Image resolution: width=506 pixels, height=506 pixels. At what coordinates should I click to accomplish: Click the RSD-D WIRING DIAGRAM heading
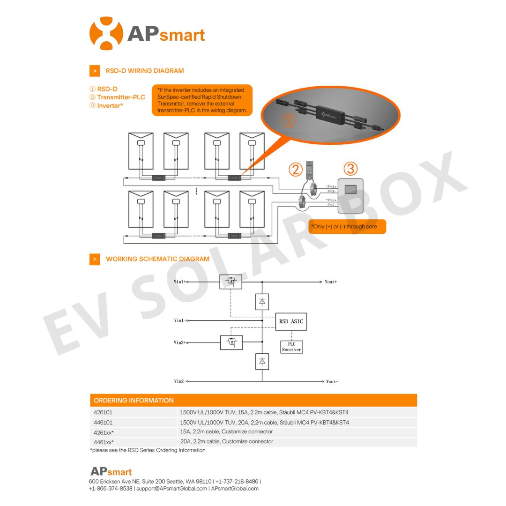pos(144,71)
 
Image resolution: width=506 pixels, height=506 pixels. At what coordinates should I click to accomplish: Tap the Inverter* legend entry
pos(110,106)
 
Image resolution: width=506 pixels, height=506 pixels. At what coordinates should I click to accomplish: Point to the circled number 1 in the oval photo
pos(289,120)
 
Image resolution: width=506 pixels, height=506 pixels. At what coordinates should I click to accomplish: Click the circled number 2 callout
pos(295,169)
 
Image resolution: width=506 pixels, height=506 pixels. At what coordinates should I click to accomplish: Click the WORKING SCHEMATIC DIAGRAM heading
pos(157,259)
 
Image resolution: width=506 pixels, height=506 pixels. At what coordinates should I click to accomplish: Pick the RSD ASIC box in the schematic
pos(291,321)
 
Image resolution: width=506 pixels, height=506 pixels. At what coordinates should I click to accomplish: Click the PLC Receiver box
pos(291,347)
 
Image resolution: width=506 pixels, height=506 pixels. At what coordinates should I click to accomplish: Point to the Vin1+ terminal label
pos(180,282)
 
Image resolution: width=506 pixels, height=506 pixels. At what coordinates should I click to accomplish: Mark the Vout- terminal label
pos(331,382)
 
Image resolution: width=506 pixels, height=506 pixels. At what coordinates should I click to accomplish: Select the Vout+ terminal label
pos(331,282)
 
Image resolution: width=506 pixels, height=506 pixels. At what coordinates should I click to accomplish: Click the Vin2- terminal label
pos(180,382)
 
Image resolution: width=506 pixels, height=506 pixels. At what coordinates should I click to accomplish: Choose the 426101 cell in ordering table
pos(103,413)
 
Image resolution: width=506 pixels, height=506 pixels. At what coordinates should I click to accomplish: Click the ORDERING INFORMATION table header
pos(134,401)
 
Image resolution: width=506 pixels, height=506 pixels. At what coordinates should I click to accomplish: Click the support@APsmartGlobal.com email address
pos(171,489)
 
